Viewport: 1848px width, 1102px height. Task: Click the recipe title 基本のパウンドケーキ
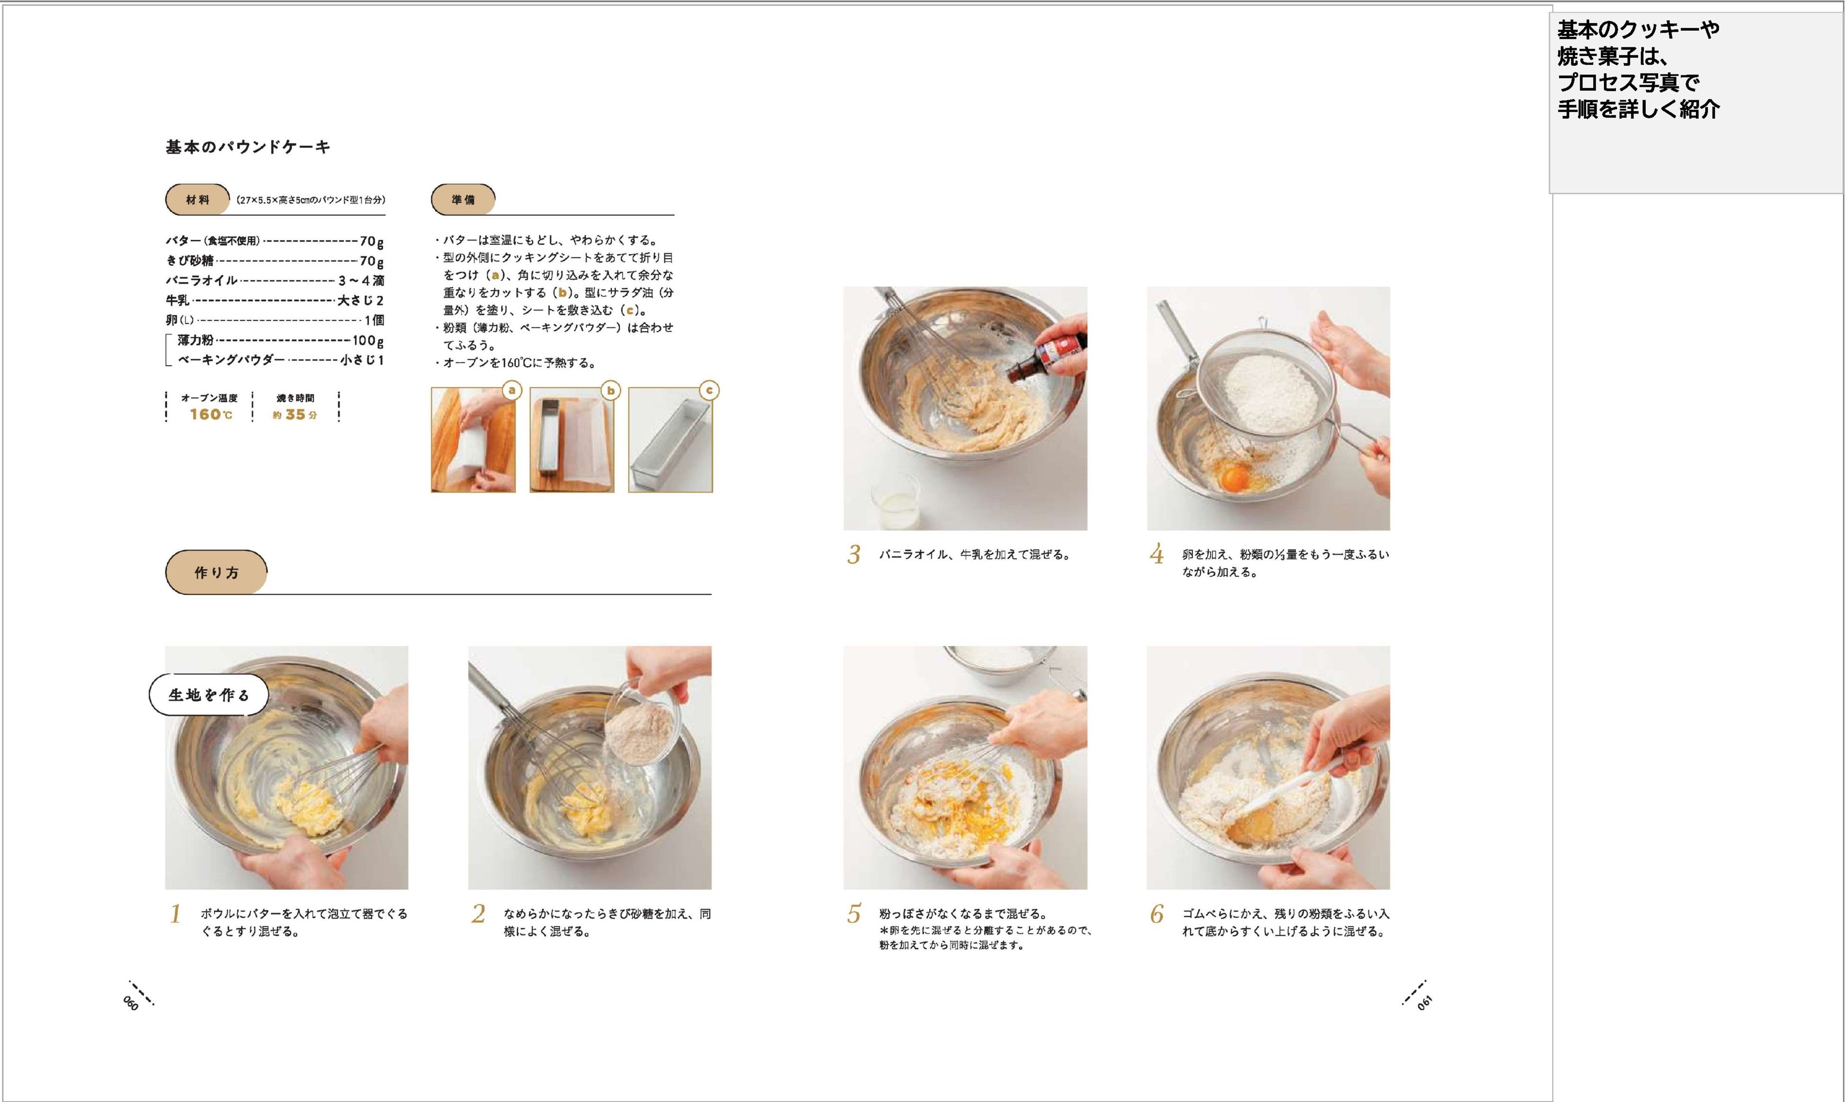(x=248, y=147)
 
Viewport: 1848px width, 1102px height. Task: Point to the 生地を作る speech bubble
(x=209, y=695)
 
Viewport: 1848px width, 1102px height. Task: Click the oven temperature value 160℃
(x=211, y=415)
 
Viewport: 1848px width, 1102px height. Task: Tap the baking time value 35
(x=296, y=415)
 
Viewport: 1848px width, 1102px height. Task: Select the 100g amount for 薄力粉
(x=368, y=341)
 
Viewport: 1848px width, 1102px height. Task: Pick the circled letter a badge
(x=512, y=390)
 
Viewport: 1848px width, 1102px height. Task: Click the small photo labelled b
(x=572, y=440)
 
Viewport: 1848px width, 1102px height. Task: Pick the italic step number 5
(x=854, y=914)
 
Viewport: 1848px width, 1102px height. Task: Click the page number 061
(x=1424, y=1003)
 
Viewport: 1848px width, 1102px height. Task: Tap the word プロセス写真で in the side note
(x=1628, y=82)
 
